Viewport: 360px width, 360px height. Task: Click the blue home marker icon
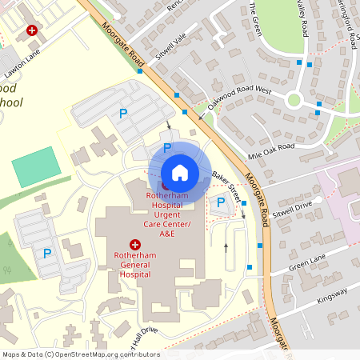180,173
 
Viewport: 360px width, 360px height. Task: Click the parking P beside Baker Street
221,202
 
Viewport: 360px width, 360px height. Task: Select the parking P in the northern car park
122,114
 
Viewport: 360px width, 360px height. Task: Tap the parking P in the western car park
47,254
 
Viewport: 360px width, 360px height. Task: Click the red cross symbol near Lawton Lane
32,30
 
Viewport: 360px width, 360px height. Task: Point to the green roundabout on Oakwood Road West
294,100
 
